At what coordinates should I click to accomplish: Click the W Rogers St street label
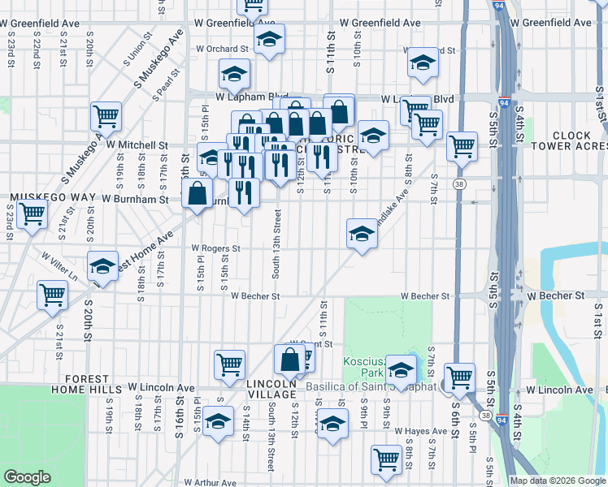(216, 248)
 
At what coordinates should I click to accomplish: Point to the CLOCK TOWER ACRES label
(578, 140)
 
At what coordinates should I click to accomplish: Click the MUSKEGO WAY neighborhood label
(43, 197)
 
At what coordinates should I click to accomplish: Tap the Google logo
(28, 477)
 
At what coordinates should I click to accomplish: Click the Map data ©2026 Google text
(558, 481)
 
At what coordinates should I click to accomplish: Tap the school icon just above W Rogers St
(362, 233)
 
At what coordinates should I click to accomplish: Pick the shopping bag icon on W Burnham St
(198, 193)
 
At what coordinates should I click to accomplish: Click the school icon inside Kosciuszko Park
(401, 369)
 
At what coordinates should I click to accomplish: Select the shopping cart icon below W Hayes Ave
(386, 459)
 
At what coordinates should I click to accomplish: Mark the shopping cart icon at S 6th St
(459, 377)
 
